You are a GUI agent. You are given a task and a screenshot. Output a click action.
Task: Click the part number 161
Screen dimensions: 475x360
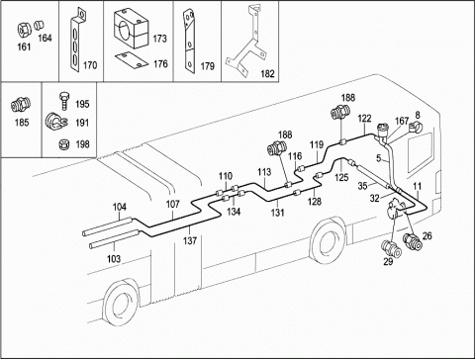pos(24,46)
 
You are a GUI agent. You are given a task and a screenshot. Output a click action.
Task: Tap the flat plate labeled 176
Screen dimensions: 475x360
pos(131,59)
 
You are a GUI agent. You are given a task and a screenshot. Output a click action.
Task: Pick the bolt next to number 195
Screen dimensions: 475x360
pos(64,102)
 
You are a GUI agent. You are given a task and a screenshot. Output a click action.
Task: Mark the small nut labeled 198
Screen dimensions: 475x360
pos(62,144)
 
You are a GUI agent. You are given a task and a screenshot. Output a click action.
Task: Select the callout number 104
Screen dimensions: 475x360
pos(120,207)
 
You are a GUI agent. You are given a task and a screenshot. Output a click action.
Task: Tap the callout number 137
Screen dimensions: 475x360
pos(190,240)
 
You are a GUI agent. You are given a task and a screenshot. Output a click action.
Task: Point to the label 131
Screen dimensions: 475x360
pos(277,213)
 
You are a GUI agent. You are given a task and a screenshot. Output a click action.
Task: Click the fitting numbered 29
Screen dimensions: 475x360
pos(392,248)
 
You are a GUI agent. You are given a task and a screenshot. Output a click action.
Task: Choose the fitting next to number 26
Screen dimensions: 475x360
pos(413,241)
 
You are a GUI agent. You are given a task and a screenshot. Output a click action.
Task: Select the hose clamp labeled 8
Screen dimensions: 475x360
pos(416,127)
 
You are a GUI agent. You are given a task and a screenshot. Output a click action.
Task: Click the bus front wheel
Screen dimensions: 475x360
pos(328,239)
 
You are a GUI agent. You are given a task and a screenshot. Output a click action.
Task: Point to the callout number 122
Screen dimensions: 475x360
pos(364,118)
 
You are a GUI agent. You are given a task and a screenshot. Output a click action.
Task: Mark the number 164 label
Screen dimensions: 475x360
pos(45,38)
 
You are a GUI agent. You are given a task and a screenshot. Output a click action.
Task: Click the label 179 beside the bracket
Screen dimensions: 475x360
pos(208,66)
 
